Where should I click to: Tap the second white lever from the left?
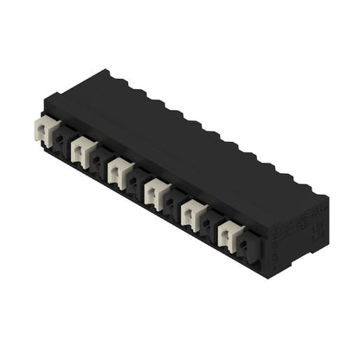click(x=81, y=151)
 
